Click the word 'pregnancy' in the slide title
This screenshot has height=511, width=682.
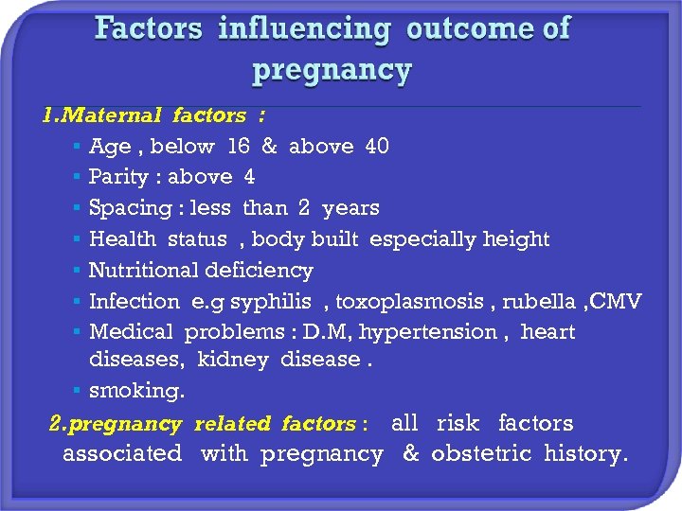332,69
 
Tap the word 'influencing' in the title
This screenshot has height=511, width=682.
303,28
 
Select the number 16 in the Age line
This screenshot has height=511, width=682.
238,147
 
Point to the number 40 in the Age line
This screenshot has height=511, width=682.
377,147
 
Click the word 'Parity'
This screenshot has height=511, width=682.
118,177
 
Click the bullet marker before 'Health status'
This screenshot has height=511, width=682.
75,240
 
